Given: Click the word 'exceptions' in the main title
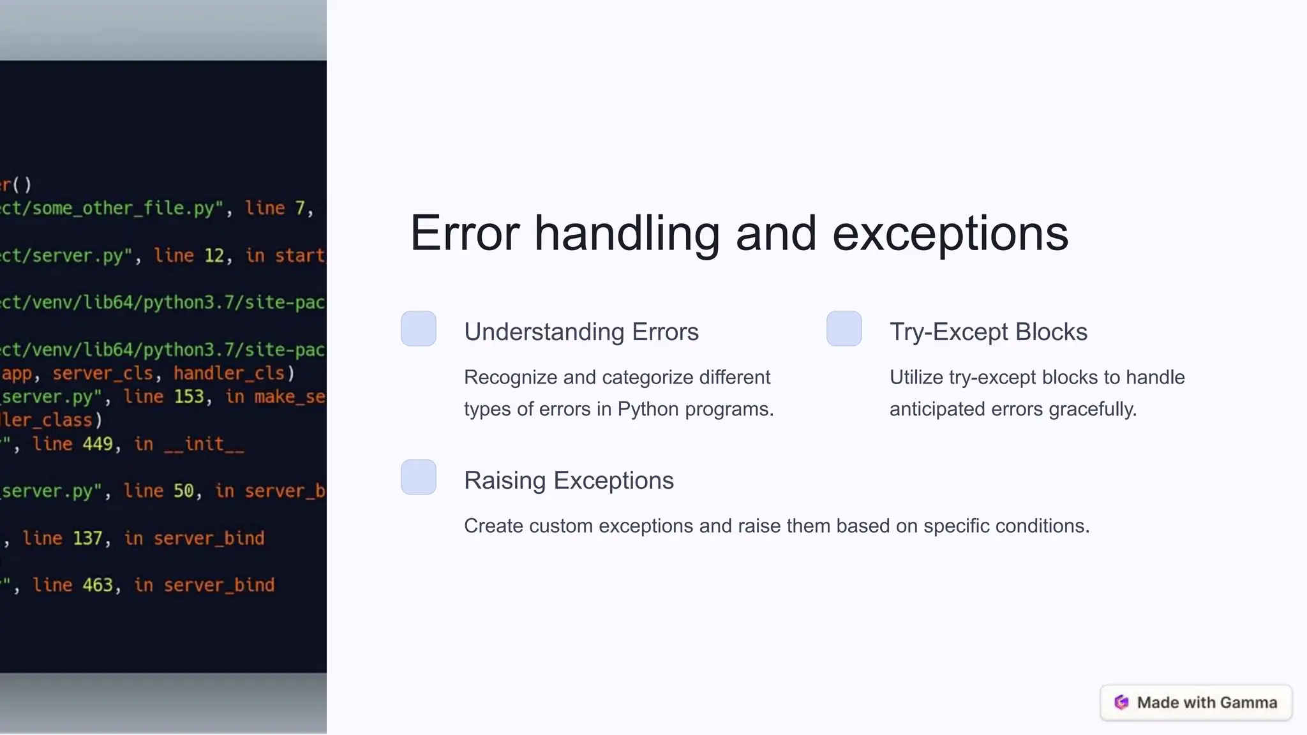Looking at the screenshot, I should [950, 234].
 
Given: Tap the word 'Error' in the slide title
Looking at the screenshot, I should [465, 234].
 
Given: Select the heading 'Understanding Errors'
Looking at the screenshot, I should [581, 332].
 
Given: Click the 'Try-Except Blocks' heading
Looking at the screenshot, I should [988, 332].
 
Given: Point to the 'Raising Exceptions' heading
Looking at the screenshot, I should [569, 480].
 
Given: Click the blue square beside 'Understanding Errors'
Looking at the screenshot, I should [419, 329].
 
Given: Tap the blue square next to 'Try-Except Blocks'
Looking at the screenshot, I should [844, 329].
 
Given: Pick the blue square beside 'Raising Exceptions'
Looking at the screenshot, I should [419, 477].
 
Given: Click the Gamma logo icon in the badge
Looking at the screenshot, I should [1121, 702].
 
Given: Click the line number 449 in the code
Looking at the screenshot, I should [97, 444].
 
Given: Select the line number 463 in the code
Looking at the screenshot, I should [97, 585].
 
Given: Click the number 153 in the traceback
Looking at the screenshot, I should [189, 397].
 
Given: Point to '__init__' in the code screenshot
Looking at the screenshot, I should [204, 444].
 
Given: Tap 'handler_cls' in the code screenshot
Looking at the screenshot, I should [229, 373].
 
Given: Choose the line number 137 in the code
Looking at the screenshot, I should [87, 538].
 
